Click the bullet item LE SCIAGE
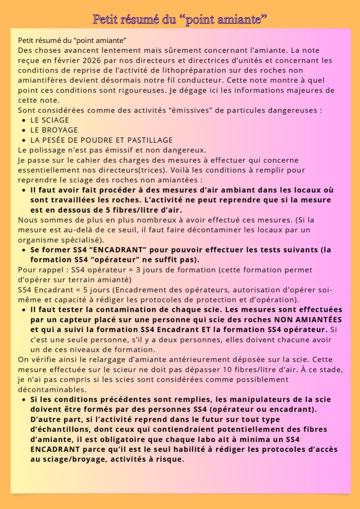pyautogui.click(x=50, y=120)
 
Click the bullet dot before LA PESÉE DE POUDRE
pyautogui.click(x=24, y=140)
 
